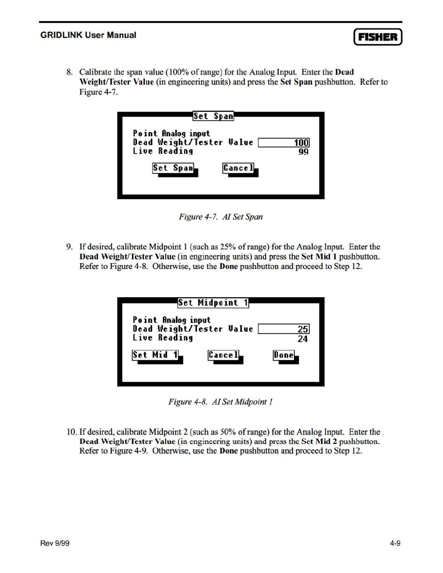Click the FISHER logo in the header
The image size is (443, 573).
point(378,37)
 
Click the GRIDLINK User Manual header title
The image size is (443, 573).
point(88,35)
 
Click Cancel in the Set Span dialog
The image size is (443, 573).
point(239,168)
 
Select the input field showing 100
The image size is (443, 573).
point(284,143)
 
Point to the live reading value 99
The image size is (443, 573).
point(303,152)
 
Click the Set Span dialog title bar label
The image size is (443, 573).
point(213,116)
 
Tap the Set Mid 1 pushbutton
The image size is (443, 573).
point(155,355)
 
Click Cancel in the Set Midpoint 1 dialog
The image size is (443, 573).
point(224,355)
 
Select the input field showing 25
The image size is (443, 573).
point(284,329)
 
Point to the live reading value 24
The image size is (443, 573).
point(303,339)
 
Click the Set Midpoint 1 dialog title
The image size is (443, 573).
point(213,303)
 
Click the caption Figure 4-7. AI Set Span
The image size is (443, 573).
point(221,217)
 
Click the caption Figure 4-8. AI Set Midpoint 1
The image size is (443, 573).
point(221,402)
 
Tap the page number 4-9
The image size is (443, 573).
point(395,543)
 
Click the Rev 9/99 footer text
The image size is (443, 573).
point(55,543)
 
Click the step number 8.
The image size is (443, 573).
point(69,72)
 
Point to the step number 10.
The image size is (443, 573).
point(71,432)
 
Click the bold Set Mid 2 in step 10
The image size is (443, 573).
point(319,442)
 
